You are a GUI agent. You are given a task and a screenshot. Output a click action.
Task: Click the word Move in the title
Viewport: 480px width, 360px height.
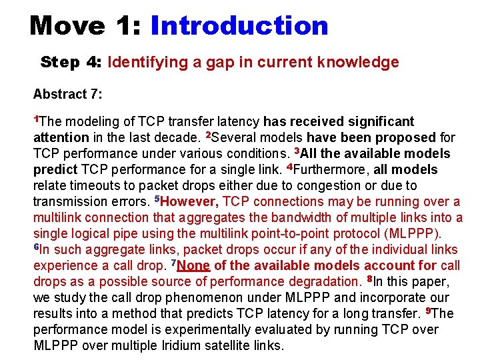pos(67,25)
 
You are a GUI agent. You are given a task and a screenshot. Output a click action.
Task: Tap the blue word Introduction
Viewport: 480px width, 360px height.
pos(239,25)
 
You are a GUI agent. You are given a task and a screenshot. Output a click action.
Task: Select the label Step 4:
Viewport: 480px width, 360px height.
pos(69,63)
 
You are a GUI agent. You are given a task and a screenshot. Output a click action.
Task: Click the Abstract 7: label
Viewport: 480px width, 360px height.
pos(68,94)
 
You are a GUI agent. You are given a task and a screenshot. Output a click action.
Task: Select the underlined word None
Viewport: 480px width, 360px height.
pos(193,265)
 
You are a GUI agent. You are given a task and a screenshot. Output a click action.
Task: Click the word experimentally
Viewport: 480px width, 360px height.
pos(221,329)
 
